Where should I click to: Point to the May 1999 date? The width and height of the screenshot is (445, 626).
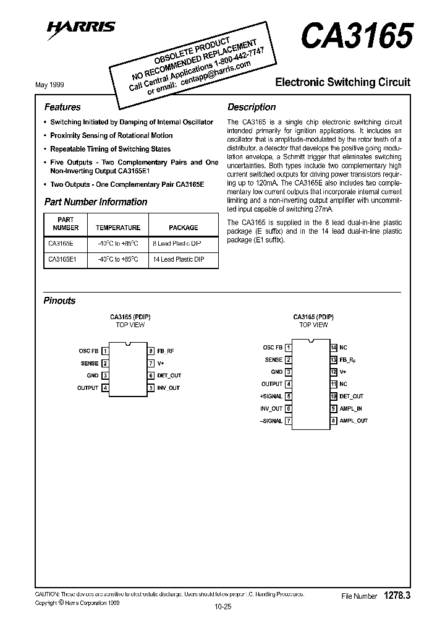(x=49, y=85)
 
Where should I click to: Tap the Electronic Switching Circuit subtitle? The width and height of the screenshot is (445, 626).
(x=342, y=82)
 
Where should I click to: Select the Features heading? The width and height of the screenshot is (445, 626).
(x=62, y=107)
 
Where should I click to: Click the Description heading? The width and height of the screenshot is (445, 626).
(x=252, y=107)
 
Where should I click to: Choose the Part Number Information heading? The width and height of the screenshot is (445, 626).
(x=96, y=202)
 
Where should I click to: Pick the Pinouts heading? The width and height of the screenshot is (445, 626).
(x=59, y=301)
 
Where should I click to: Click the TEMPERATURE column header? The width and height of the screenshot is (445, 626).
(x=119, y=228)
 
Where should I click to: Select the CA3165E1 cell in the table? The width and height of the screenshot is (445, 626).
(x=62, y=260)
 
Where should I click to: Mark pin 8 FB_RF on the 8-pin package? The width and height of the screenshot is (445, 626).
(x=166, y=351)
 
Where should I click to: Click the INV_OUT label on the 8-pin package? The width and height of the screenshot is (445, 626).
(x=168, y=388)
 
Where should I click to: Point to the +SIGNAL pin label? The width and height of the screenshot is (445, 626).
(x=271, y=397)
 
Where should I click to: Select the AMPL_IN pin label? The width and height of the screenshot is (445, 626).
(x=351, y=409)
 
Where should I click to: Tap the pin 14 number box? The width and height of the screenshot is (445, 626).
(x=334, y=348)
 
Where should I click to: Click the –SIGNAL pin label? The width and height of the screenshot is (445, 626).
(x=271, y=421)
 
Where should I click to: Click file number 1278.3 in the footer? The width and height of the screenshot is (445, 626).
(x=397, y=595)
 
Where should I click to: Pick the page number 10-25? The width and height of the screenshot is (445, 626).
(x=222, y=607)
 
